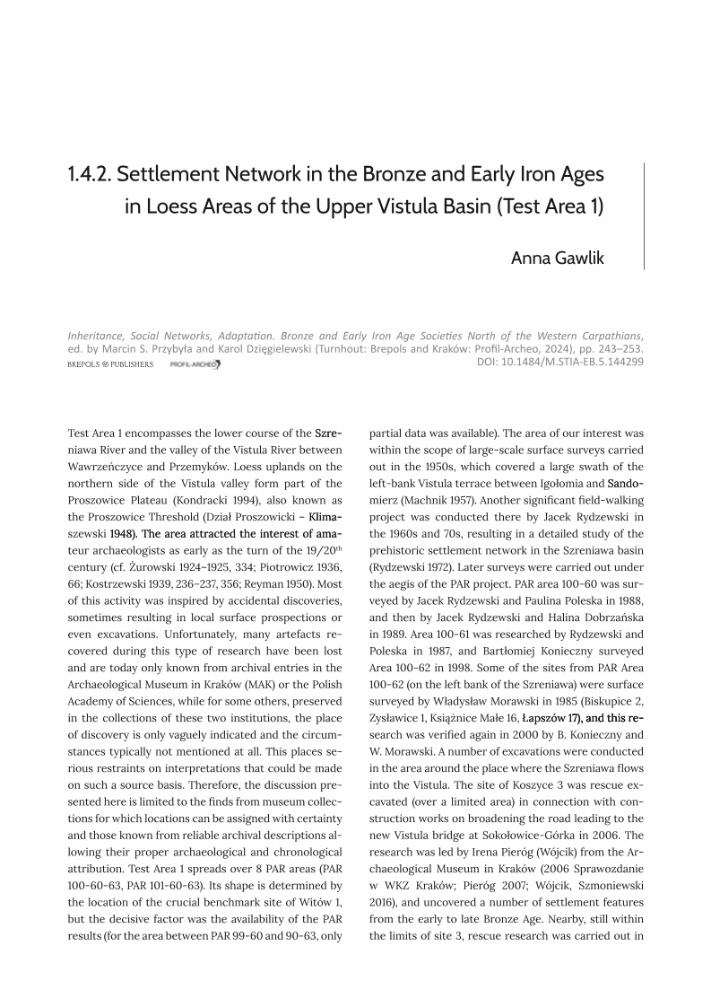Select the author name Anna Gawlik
pyautogui.click(x=558, y=258)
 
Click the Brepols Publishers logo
pyautogui.click(x=110, y=364)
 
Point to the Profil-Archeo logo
pyautogui.click(x=195, y=364)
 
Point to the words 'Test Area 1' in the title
pyautogui.click(x=550, y=206)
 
